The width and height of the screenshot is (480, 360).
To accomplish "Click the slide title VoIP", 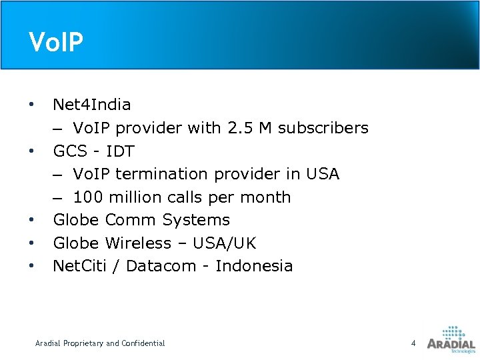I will (x=57, y=42).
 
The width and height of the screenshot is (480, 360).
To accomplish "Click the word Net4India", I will (x=92, y=105).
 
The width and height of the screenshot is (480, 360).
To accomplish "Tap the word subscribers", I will (x=323, y=128).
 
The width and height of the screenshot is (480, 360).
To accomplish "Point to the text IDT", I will (x=120, y=151).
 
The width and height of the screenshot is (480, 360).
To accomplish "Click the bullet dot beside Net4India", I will (x=31, y=105).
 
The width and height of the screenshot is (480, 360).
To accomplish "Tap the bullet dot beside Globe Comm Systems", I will (x=31, y=220).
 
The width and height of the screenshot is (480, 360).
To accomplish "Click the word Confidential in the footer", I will (x=143, y=343).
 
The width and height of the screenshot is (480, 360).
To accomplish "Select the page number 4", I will (x=413, y=343).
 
